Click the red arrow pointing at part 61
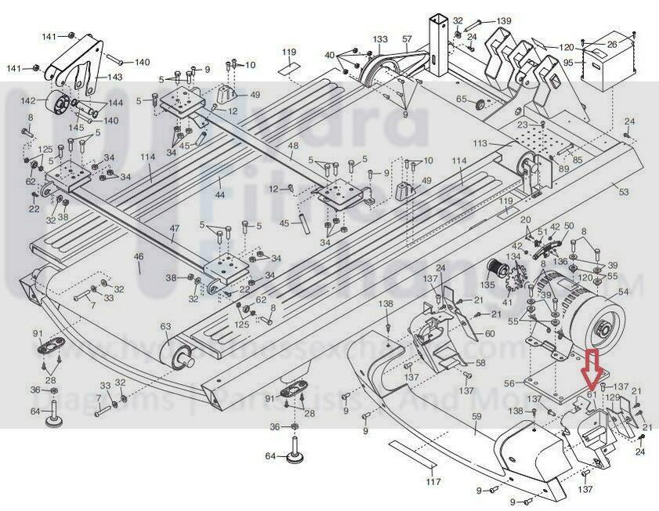click(x=590, y=370)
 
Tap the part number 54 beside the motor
click(x=624, y=292)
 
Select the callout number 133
click(x=380, y=39)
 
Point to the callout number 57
click(x=407, y=39)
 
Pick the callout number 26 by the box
click(x=634, y=43)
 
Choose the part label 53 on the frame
click(x=624, y=191)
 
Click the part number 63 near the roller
click(x=165, y=327)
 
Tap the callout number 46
click(x=139, y=257)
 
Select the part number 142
click(x=29, y=101)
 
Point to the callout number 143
click(x=115, y=77)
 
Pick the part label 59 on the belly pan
click(x=475, y=428)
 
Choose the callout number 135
click(x=487, y=286)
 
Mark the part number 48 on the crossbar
click(x=293, y=147)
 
